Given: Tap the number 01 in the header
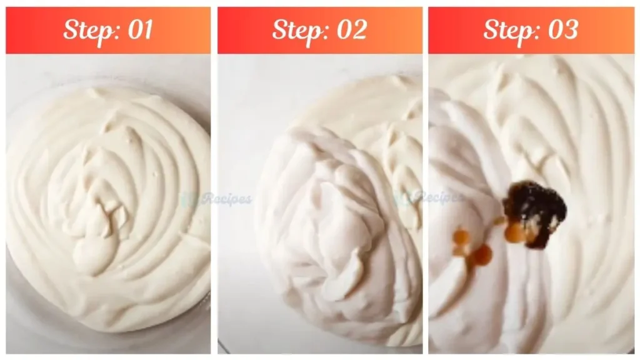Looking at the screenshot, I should pos(138,30).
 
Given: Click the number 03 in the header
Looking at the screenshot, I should pos(561,30).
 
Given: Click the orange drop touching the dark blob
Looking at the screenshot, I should pos(516,233).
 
